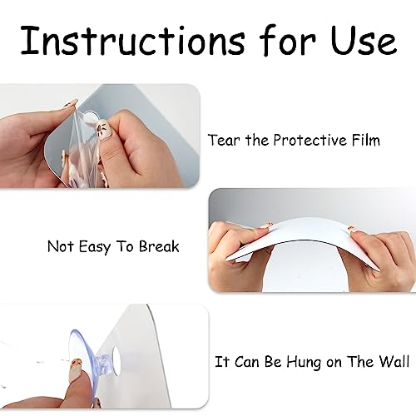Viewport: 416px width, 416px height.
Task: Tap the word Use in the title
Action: click(364, 41)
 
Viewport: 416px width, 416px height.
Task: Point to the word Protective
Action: click(310, 140)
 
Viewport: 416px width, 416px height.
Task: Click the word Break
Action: click(159, 246)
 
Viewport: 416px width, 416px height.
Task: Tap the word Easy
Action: click(95, 247)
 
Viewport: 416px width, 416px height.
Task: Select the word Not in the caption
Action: click(61, 246)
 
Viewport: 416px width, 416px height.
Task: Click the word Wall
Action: click(394, 361)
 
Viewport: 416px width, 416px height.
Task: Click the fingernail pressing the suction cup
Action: click(75, 364)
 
